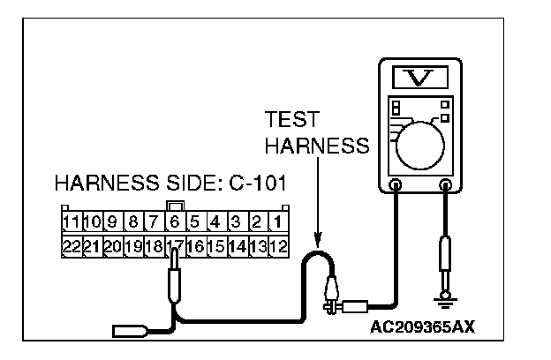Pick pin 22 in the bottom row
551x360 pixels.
(x=72, y=246)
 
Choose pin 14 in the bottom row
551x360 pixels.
(x=236, y=246)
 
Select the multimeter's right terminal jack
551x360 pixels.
(x=447, y=186)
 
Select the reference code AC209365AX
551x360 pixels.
(x=423, y=326)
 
